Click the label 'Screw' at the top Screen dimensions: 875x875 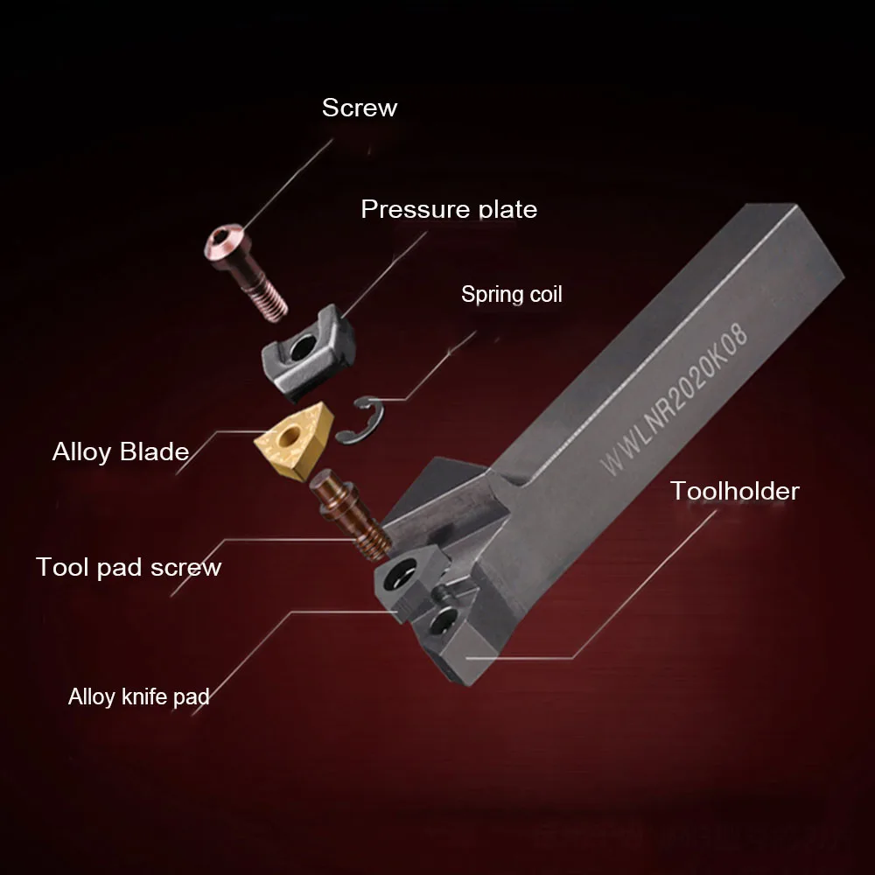click(x=359, y=108)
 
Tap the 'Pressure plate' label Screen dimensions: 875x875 click(x=449, y=209)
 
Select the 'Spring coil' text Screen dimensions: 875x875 click(x=511, y=294)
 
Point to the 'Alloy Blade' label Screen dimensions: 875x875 click(x=121, y=451)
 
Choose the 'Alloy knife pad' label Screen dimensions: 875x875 click(x=139, y=696)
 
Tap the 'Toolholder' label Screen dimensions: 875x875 click(x=734, y=491)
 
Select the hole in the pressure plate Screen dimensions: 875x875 click(x=303, y=351)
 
